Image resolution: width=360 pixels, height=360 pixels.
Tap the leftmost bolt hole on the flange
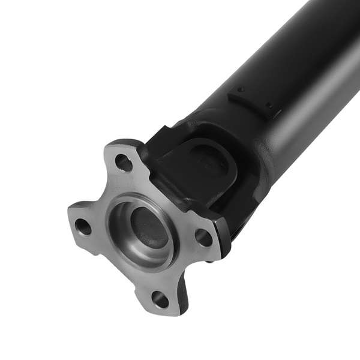[x=83, y=227]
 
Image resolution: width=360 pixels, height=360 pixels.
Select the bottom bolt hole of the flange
[x=160, y=298]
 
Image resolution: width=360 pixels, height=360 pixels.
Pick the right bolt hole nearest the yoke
[x=203, y=237]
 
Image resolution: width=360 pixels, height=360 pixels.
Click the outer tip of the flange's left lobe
[x=71, y=216]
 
